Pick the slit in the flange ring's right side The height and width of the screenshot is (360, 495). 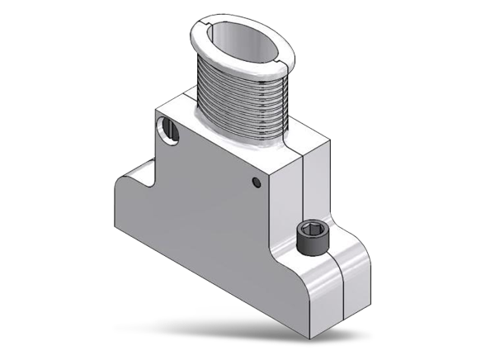(278, 59)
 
